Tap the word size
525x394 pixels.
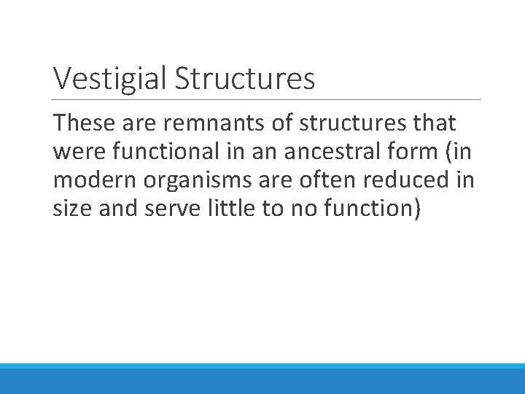pyautogui.click(x=71, y=209)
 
